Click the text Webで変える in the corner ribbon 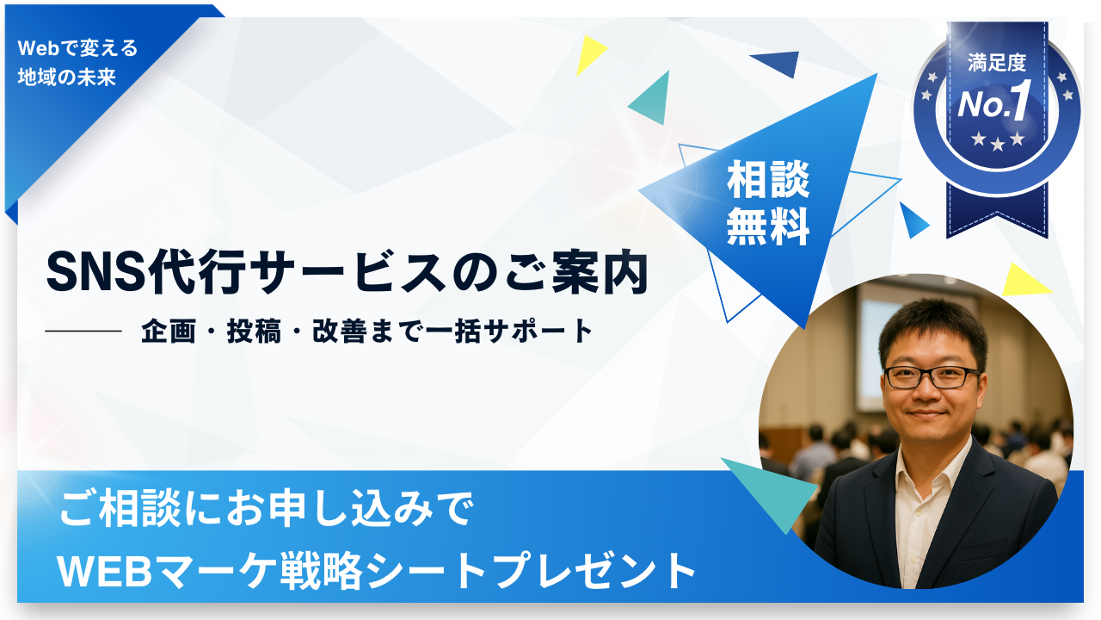click(x=77, y=48)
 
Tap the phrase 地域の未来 click(x=67, y=77)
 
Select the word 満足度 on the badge click(x=997, y=63)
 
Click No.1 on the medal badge click(x=993, y=102)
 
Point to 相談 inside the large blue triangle click(x=768, y=179)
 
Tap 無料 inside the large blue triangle click(x=768, y=226)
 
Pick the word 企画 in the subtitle click(x=169, y=331)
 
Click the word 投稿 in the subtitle click(x=254, y=331)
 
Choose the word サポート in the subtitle click(x=538, y=331)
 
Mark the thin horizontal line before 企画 click(x=83, y=332)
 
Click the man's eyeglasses click(x=931, y=377)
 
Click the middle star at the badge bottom click(x=997, y=144)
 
